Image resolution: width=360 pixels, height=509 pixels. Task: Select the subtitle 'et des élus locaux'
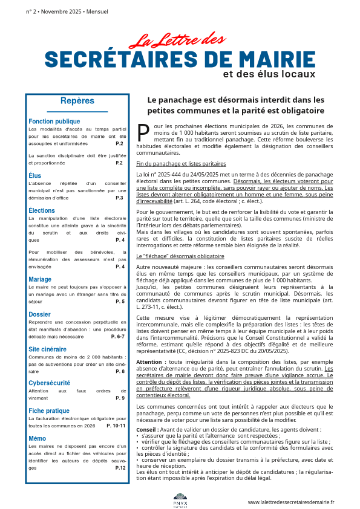[269, 74]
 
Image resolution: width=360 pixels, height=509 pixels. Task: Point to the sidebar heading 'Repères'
[77, 102]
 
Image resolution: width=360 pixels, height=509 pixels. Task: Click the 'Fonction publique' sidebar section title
[54, 122]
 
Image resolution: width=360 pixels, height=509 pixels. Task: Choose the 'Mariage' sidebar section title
[40, 279]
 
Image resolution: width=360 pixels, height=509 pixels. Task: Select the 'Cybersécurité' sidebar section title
[49, 383]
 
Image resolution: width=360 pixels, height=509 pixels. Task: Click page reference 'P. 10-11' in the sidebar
[116, 426]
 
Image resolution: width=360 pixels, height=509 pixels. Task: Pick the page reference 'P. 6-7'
[117, 336]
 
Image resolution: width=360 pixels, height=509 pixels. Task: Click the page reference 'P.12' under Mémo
[120, 468]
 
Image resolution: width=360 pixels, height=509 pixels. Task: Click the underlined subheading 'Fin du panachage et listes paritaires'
[181, 164]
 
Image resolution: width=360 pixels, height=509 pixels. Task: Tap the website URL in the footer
[291, 502]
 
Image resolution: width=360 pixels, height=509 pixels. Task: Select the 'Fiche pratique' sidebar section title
[49, 411]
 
